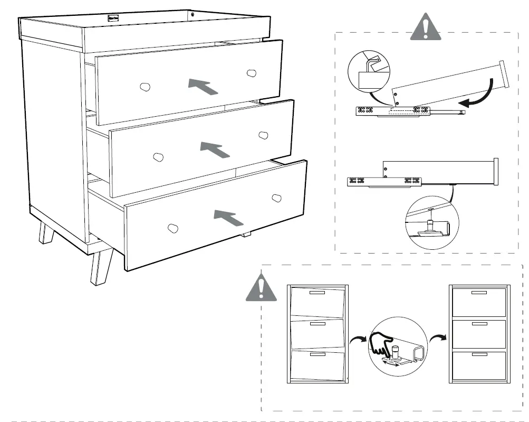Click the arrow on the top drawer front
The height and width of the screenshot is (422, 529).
[203, 86]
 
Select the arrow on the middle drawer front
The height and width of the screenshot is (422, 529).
[215, 149]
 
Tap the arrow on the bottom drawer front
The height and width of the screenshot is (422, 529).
[229, 217]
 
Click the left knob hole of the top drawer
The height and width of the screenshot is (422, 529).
[145, 87]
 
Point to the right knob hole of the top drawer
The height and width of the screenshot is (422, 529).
[252, 73]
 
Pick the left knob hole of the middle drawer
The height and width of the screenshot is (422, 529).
[158, 157]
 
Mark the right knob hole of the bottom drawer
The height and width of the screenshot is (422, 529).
[276, 198]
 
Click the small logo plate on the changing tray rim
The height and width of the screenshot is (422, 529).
[113, 17]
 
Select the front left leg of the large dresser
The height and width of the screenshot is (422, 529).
[100, 267]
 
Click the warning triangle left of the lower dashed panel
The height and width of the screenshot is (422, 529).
[261, 288]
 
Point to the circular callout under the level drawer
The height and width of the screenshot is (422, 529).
[431, 222]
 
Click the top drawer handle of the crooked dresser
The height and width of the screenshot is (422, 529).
[318, 292]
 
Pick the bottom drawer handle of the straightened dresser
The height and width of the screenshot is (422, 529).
[479, 354]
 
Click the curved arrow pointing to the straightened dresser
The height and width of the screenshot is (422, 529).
[437, 338]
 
